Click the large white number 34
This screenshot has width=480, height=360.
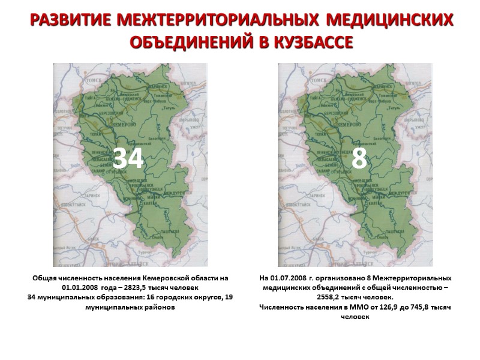pos(129,158)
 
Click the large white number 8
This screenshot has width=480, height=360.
pos(359,158)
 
